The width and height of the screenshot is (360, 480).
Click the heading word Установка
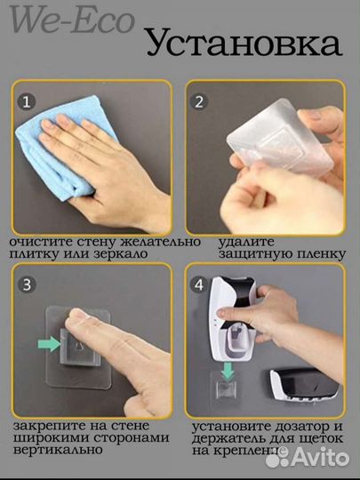(x=244, y=43)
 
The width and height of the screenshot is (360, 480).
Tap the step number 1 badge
(x=27, y=101)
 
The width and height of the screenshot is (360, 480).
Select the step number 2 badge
(x=199, y=101)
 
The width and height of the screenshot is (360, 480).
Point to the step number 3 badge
(x=27, y=284)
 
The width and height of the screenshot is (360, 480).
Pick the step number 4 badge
(x=199, y=284)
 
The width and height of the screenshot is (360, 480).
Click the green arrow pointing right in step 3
(x=49, y=344)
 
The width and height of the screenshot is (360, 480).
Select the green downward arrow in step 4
(x=228, y=371)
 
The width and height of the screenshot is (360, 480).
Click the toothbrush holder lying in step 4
(x=303, y=385)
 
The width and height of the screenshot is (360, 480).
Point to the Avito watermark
(x=308, y=458)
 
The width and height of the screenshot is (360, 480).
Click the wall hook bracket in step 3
(x=80, y=347)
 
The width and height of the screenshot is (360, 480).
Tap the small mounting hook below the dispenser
(x=226, y=388)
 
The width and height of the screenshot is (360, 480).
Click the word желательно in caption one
(x=160, y=242)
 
